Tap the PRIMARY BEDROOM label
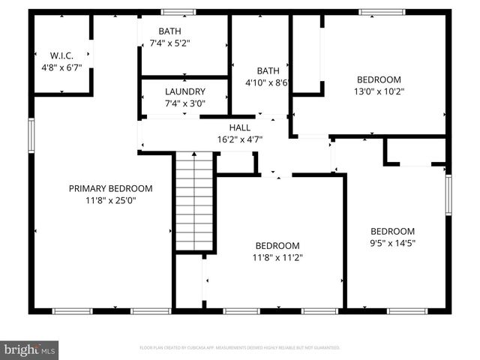click(x=111, y=188)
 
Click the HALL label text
click(x=240, y=128)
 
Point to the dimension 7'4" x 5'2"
click(x=169, y=43)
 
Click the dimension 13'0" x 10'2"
click(x=379, y=91)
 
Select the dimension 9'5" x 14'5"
click(x=393, y=243)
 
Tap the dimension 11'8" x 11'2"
click(x=278, y=257)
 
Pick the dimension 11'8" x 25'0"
click(x=111, y=200)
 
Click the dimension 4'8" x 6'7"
click(x=61, y=67)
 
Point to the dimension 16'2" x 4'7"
click(x=240, y=140)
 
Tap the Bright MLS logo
click(x=30, y=349)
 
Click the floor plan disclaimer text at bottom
click(x=240, y=348)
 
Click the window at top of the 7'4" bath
click(x=178, y=12)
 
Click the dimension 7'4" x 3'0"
click(x=184, y=103)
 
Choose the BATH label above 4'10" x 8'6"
click(x=268, y=70)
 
